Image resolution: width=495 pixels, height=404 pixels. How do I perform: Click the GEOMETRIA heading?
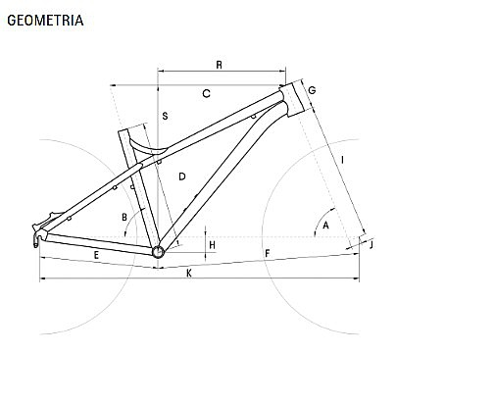(x=45, y=21)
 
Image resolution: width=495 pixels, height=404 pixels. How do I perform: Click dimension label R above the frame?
(x=220, y=65)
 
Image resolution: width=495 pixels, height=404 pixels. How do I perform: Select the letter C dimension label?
(x=206, y=94)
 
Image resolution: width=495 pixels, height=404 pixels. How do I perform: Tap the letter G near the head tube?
(x=312, y=90)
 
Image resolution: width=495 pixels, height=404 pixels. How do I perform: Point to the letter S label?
(x=165, y=116)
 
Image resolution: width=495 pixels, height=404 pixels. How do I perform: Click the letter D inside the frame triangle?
(x=182, y=177)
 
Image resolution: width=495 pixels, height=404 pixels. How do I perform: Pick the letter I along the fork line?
(x=342, y=160)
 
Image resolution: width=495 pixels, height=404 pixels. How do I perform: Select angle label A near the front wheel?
(x=325, y=226)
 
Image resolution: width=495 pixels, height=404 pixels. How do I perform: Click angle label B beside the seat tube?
(x=124, y=218)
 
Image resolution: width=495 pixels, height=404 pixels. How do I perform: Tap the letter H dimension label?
(x=212, y=245)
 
